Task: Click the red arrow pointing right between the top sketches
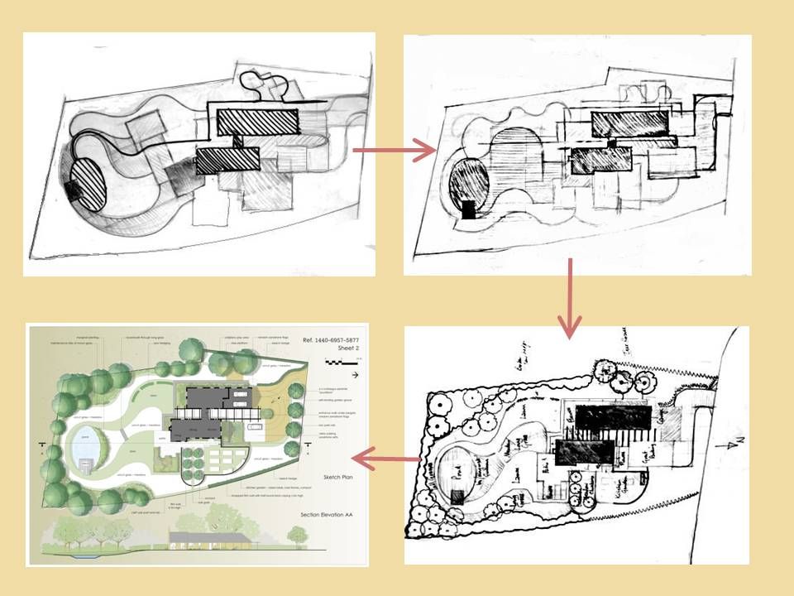tap(393, 151)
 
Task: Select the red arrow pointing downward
tap(570, 298)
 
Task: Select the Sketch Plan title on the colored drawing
tap(337, 478)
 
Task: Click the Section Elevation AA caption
tap(331, 515)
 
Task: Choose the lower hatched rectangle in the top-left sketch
tap(228, 158)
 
